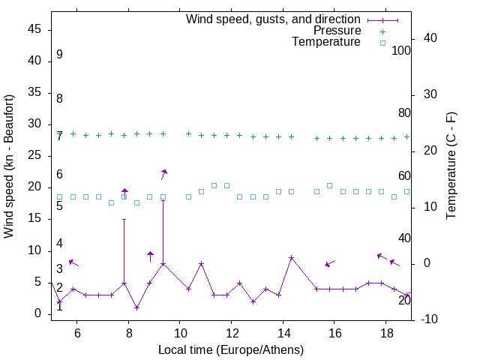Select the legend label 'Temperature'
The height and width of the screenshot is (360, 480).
[x=326, y=42]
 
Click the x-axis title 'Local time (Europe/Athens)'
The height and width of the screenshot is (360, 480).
[x=231, y=349]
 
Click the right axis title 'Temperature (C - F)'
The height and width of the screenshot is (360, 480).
[x=451, y=166]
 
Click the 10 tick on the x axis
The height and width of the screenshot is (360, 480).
[x=180, y=333]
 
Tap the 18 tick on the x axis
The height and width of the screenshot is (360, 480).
[x=385, y=333]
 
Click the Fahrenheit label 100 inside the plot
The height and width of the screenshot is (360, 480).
[x=401, y=50]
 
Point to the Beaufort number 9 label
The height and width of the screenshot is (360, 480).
[x=59, y=55]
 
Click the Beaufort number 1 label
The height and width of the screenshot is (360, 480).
[x=59, y=306]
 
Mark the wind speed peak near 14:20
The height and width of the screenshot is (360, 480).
[x=292, y=257]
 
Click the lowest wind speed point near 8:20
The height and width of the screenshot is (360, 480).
[x=136, y=307]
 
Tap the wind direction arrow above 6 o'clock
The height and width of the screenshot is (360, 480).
[x=73, y=262]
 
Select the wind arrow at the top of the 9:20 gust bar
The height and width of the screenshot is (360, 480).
[x=163, y=174]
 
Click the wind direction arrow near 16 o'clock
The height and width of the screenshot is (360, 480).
[x=330, y=263]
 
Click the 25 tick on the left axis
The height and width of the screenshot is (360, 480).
[x=35, y=156]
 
